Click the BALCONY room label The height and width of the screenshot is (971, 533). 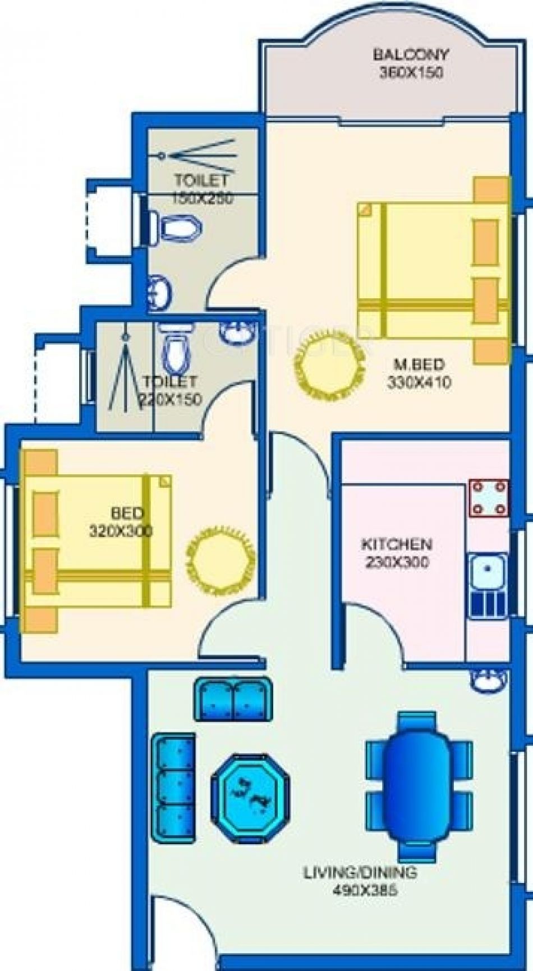pyautogui.click(x=411, y=54)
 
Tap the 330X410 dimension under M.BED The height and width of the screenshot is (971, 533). pyautogui.click(x=419, y=382)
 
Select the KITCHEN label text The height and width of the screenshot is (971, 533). pyautogui.click(x=396, y=544)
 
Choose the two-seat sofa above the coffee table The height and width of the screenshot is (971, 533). pyautogui.click(x=233, y=699)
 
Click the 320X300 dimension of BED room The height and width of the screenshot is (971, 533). pyautogui.click(x=121, y=531)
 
